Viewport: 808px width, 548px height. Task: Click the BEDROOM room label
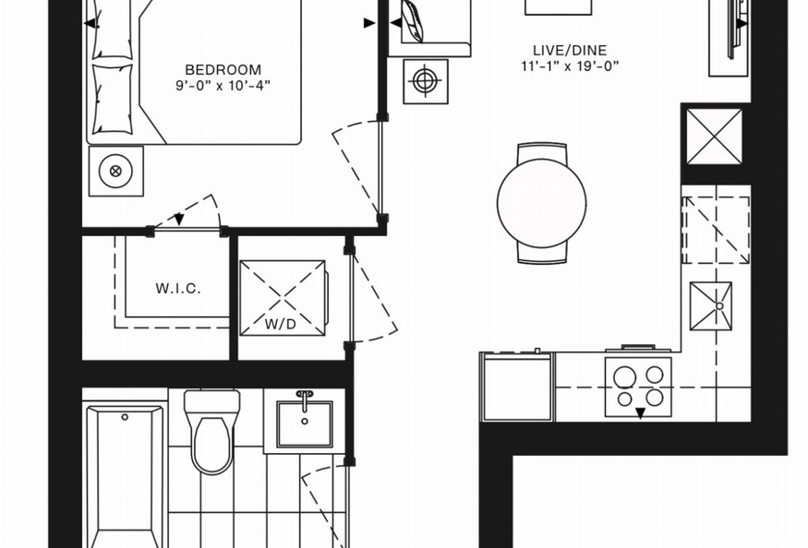tap(223, 69)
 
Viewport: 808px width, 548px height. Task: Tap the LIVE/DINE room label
tap(570, 50)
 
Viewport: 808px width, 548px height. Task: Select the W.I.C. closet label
tap(178, 289)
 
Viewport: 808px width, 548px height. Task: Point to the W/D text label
tap(281, 324)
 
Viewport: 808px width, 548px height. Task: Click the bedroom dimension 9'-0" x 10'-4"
tap(223, 85)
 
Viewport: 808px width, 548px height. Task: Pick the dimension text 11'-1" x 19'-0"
tap(570, 66)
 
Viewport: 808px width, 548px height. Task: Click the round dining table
tap(541, 203)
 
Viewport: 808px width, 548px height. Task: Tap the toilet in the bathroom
tap(211, 431)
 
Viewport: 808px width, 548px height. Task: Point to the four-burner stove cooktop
tap(638, 387)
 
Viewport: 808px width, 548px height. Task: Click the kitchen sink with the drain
tap(711, 306)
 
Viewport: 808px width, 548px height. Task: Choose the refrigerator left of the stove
tap(517, 387)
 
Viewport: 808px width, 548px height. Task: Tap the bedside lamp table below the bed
tap(116, 171)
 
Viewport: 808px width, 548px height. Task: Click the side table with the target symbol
tap(425, 81)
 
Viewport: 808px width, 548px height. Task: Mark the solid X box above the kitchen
tap(714, 136)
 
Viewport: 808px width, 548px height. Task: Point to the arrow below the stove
tap(640, 412)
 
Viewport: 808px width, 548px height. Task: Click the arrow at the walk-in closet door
tap(179, 220)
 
